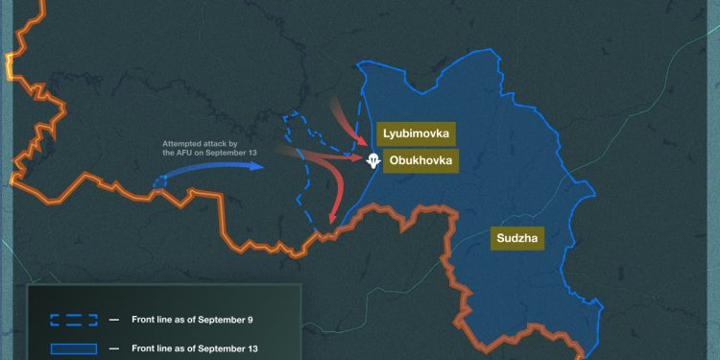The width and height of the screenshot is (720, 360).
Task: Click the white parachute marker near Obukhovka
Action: pyautogui.click(x=373, y=160)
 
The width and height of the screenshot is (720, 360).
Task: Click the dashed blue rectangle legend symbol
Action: pyautogui.click(x=73, y=319)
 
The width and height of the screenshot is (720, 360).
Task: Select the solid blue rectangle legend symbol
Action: pyautogui.click(x=73, y=348)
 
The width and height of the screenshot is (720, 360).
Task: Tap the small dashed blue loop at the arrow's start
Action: pyautogui.click(x=156, y=182)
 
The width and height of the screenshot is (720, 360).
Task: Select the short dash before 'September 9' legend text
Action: pyautogui.click(x=113, y=319)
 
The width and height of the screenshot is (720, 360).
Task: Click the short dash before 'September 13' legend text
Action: pyautogui.click(x=113, y=348)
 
